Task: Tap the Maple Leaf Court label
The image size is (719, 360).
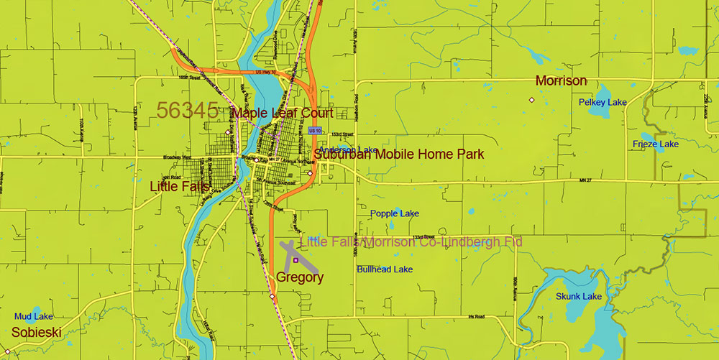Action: click(282, 113)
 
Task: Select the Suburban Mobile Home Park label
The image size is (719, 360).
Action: click(398, 154)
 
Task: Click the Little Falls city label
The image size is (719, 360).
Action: click(178, 186)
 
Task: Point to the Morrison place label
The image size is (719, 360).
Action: click(561, 80)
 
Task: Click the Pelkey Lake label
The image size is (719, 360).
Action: click(603, 102)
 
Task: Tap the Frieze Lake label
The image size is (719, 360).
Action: click(655, 144)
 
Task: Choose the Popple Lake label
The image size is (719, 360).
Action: click(394, 213)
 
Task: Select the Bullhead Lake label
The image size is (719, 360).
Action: click(385, 269)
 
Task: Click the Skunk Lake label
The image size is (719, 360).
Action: click(579, 296)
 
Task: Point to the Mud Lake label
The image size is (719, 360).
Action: click(34, 316)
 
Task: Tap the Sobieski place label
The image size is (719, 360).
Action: click(36, 332)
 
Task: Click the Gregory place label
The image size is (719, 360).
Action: click(300, 277)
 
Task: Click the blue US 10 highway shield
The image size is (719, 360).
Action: click(313, 131)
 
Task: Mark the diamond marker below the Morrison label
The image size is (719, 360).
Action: click(532, 100)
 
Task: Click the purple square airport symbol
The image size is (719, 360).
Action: click(296, 259)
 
